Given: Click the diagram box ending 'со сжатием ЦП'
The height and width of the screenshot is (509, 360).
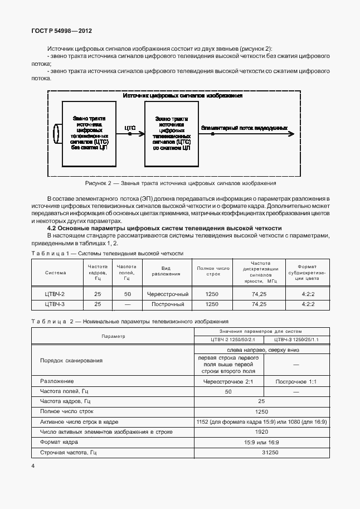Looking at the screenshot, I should click(x=171, y=134).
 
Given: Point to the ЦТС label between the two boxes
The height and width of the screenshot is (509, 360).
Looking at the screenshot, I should click(x=130, y=128).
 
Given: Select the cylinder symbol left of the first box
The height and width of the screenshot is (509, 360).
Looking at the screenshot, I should click(x=56, y=134).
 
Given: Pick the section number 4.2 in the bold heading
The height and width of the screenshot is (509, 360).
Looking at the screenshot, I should click(x=53, y=229).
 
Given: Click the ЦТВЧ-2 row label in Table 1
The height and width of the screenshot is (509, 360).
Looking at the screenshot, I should click(x=55, y=294).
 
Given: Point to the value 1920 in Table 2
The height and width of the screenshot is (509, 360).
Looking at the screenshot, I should click(x=262, y=432).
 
